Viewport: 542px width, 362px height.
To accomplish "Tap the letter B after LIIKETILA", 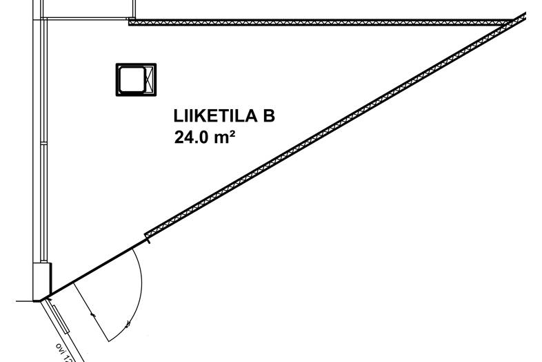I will [268, 116].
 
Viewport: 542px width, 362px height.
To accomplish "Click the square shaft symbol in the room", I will [136, 79].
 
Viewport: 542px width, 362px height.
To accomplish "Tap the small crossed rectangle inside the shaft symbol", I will [148, 79].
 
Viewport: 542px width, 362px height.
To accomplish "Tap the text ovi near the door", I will [63, 350].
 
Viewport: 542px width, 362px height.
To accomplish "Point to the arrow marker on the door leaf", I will [93, 314].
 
